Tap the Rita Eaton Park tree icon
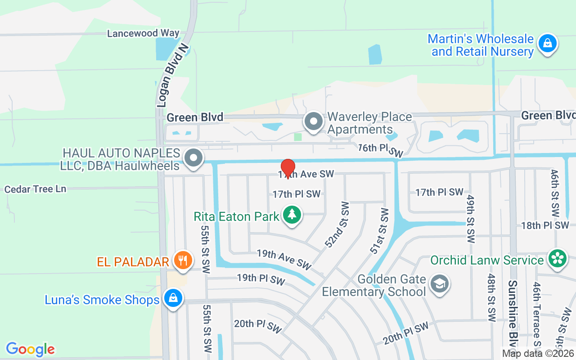(x=292, y=214)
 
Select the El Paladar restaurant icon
(x=183, y=261)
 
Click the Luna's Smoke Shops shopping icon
(x=172, y=298)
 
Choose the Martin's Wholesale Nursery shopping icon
(x=547, y=44)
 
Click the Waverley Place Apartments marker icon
(x=313, y=121)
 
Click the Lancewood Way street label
(x=143, y=33)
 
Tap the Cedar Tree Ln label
(x=35, y=189)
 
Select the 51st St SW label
(x=378, y=230)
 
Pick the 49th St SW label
(x=471, y=219)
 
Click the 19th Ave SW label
(x=284, y=260)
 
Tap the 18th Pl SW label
(x=544, y=225)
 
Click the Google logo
(x=30, y=349)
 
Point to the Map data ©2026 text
(x=539, y=354)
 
